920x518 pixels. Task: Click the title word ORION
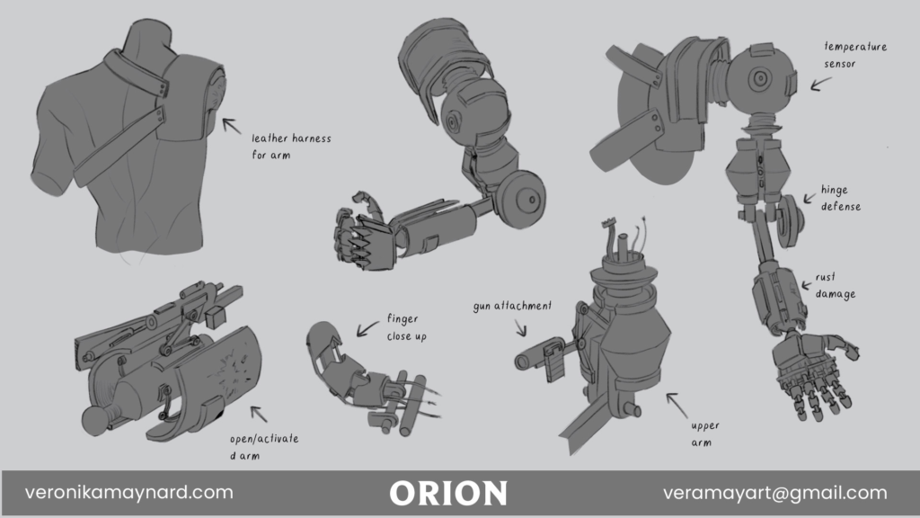(x=448, y=493)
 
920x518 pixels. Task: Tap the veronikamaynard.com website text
(x=129, y=493)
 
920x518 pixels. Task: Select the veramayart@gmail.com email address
(x=774, y=493)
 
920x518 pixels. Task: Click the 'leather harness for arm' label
(x=289, y=146)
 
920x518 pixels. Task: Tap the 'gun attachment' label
(x=512, y=306)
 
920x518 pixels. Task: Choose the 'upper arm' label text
(x=705, y=434)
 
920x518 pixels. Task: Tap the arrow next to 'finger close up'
(x=368, y=330)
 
